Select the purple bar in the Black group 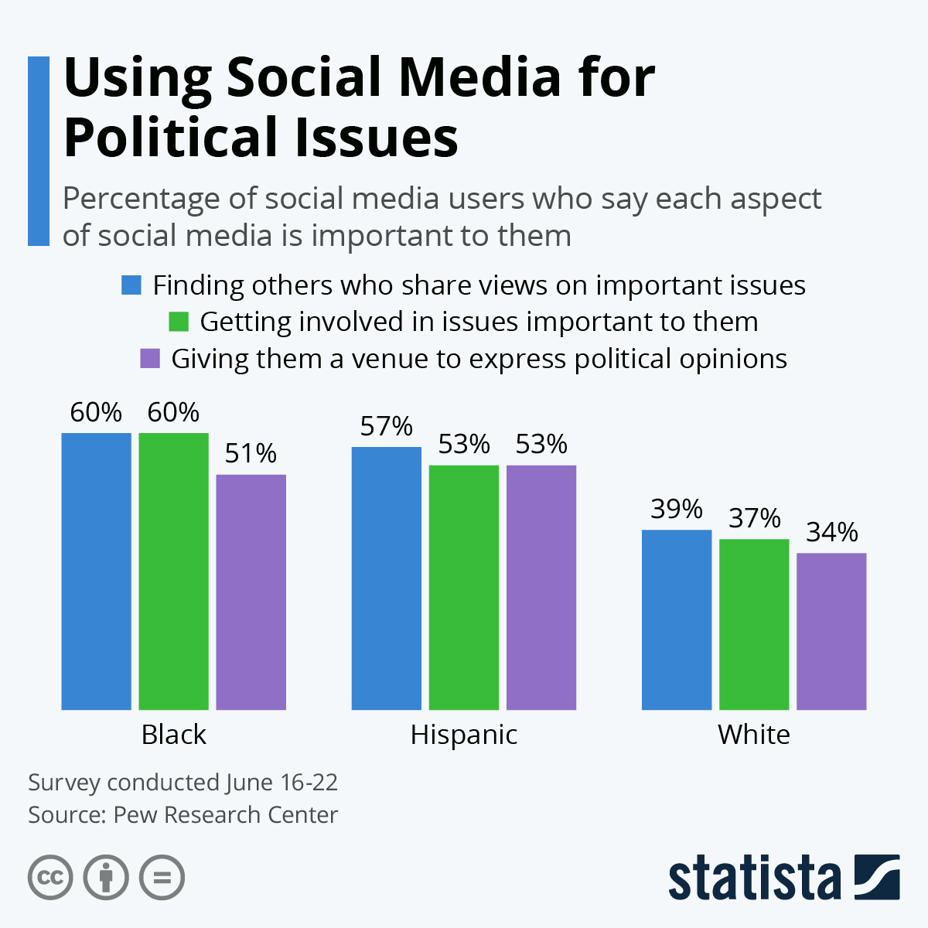coord(251,592)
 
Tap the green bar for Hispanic coord(464,587)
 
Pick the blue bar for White coord(677,619)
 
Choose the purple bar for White coord(831,631)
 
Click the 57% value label coord(387,427)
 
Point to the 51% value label coord(251,454)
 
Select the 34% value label coord(832,533)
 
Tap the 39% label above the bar coord(677,510)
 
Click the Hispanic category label coord(464,734)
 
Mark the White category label coord(754,734)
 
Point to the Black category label coord(174,734)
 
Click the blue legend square coord(131,285)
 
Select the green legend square coord(179,322)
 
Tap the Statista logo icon coord(877,877)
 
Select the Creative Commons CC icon coord(50,878)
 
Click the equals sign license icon coord(162,878)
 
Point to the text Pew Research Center coord(226,815)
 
